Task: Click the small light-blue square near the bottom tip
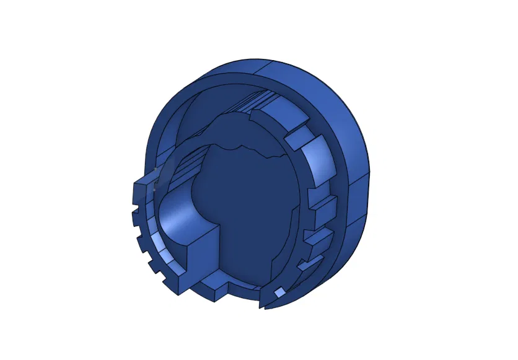(x=280, y=292)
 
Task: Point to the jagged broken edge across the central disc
(x=248, y=149)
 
